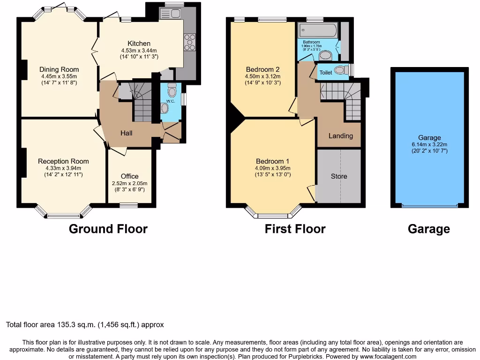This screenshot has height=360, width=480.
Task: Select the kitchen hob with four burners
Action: tap(190, 42)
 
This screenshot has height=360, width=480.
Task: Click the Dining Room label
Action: tap(59, 69)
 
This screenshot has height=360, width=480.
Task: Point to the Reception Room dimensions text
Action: tap(63, 172)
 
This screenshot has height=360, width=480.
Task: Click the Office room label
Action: tap(130, 176)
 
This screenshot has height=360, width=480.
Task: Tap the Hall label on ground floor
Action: tap(127, 133)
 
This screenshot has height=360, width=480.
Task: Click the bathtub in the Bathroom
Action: tap(318, 30)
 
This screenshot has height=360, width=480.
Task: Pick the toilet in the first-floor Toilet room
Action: tap(341, 70)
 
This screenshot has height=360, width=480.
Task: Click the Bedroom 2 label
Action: tap(262, 69)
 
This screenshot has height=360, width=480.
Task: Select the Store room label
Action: tap(339, 176)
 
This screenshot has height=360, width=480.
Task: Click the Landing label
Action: tap(340, 136)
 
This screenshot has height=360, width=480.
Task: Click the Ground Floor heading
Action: tap(108, 229)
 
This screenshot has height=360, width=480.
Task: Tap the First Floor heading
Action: tap(295, 229)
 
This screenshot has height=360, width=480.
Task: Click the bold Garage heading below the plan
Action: tap(428, 229)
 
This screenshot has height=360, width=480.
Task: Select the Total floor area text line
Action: tap(85, 324)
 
